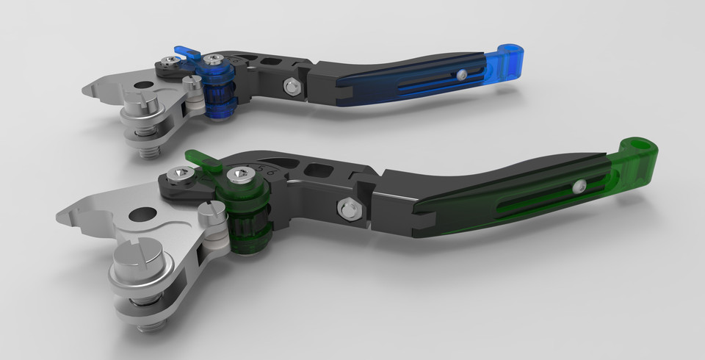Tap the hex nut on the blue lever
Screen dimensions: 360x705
tap(292, 87)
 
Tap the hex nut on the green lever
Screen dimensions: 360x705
tap(348, 208)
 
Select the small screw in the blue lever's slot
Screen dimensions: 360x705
tap(460, 74)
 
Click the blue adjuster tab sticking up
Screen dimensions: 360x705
tap(187, 53)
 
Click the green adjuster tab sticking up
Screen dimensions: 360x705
tap(200, 160)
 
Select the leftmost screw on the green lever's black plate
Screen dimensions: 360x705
tap(181, 173)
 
